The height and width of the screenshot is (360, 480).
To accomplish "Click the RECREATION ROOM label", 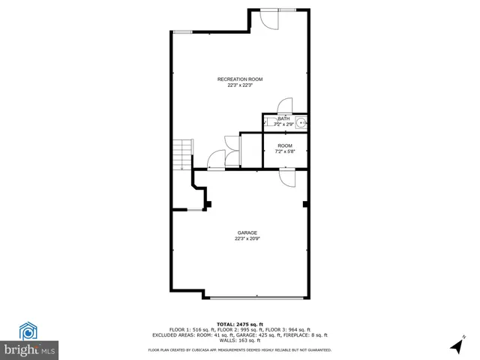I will (x=240, y=79).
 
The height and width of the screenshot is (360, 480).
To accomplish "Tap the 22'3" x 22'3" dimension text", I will (x=240, y=85).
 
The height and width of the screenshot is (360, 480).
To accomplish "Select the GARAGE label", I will (x=247, y=232).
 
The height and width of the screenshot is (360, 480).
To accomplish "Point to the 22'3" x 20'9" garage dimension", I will (x=247, y=239).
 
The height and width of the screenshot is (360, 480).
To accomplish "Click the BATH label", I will (x=283, y=118).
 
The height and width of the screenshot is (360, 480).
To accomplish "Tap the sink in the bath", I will (x=301, y=123).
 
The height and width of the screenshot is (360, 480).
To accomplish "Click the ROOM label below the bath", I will (x=285, y=145).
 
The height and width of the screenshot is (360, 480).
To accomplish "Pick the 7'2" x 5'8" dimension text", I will (x=285, y=151).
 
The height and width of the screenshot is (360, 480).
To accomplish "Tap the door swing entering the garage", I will (x=287, y=178).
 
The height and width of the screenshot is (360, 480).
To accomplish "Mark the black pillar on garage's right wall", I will (x=305, y=203).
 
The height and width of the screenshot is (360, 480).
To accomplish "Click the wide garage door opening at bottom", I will (x=255, y=297).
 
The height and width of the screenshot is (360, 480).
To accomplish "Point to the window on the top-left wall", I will (x=183, y=31).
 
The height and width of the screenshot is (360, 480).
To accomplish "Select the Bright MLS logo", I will (x=29, y=349).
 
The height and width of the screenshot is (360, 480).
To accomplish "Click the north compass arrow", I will (x=455, y=346).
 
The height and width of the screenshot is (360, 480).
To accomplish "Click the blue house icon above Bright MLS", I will (x=28, y=330).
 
